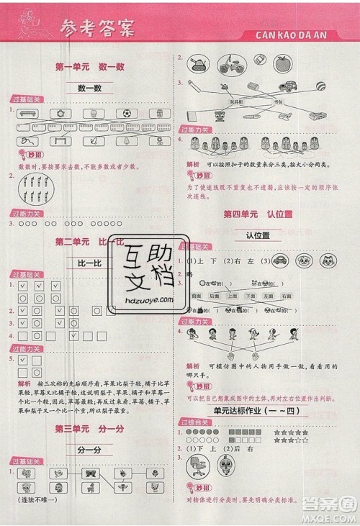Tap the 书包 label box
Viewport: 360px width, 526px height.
click(x=277, y=101)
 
